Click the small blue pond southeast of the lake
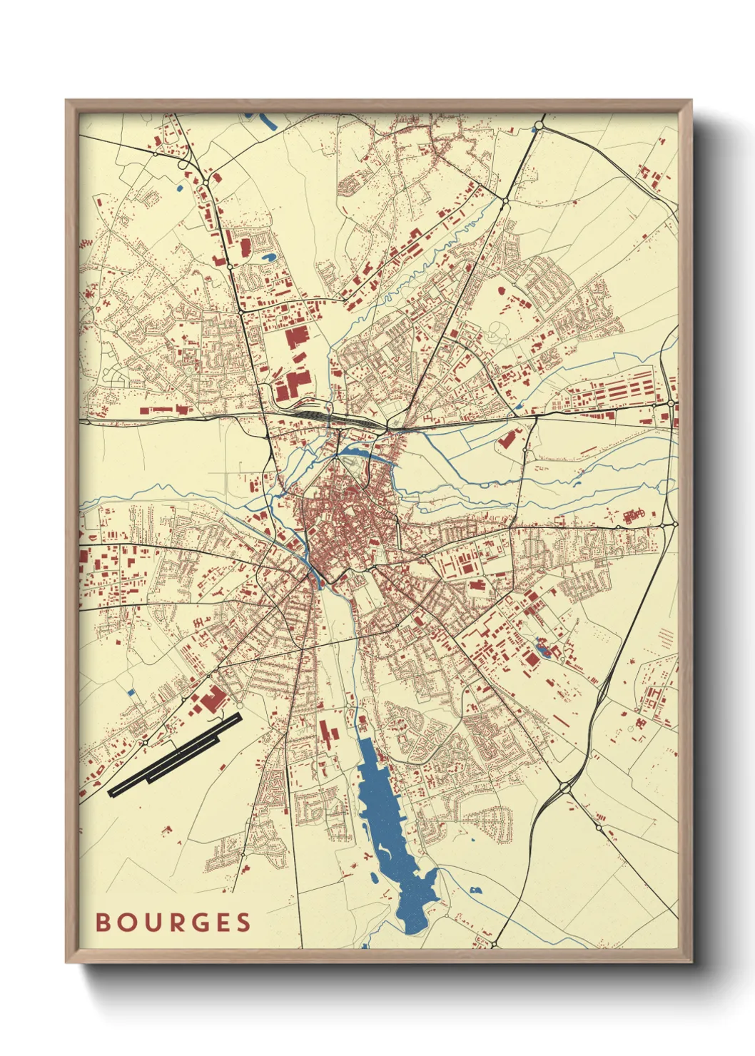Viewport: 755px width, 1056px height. (475, 890)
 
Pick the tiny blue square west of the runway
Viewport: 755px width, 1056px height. (131, 691)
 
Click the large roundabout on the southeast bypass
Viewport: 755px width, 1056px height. (566, 788)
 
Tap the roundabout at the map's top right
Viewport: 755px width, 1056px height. (539, 126)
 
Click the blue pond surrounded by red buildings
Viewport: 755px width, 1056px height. (542, 649)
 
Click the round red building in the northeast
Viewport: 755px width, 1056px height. (499, 290)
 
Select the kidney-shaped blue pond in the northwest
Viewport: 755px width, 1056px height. (269, 258)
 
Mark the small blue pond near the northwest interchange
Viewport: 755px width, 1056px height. (179, 188)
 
